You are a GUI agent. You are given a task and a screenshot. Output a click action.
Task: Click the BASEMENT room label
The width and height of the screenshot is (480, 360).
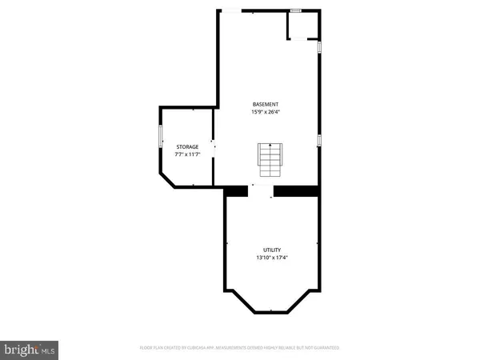point(266,105)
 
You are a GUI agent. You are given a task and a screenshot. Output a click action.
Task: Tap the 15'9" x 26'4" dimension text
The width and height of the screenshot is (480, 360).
point(266,112)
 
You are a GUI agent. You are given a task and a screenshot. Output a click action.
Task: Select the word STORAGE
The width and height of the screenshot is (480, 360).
point(187,146)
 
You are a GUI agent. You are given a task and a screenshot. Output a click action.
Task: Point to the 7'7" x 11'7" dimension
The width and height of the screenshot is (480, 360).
point(187,154)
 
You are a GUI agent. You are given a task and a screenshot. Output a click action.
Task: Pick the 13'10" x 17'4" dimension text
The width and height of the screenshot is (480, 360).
point(272,258)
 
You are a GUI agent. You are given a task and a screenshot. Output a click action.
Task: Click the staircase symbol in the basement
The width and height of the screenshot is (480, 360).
point(270,159)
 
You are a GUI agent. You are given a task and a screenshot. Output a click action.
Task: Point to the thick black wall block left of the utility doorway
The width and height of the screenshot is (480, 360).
point(237,190)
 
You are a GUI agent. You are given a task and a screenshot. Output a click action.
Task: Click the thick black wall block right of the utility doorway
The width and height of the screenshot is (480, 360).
point(296,190)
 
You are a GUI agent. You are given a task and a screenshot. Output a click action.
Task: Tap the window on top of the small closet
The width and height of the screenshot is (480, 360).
point(295,10)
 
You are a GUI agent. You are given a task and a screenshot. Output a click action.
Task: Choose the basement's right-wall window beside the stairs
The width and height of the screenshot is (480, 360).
point(319,141)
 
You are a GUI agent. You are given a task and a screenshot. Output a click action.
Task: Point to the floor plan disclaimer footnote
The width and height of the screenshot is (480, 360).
point(239,348)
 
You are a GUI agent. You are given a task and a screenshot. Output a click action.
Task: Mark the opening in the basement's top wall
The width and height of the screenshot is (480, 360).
point(230,10)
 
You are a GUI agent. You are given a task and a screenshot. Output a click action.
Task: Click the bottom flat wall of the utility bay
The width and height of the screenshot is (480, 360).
point(272,313)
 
